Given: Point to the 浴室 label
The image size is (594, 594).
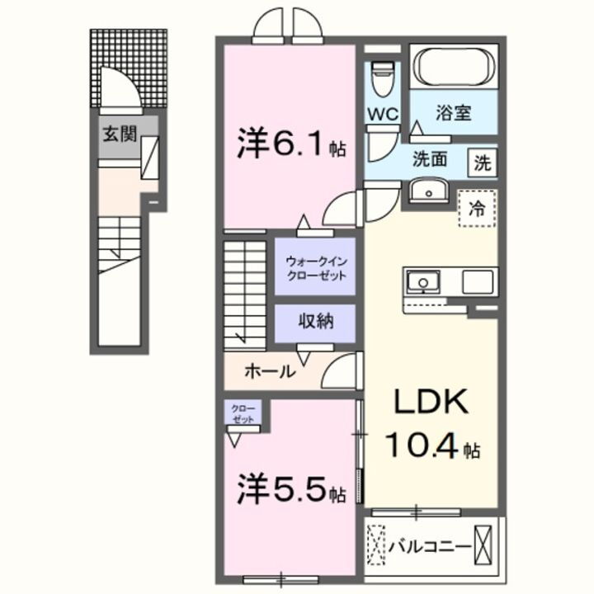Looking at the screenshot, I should [x=453, y=113].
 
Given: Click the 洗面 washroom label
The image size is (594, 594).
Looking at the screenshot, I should [x=431, y=159].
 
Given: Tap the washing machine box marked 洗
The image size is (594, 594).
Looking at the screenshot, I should [x=482, y=163].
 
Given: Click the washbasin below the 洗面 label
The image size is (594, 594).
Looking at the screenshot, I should [x=428, y=191].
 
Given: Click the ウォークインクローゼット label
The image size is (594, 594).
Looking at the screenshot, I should [x=316, y=266].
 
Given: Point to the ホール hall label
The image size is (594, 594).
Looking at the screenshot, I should [x=270, y=372].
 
